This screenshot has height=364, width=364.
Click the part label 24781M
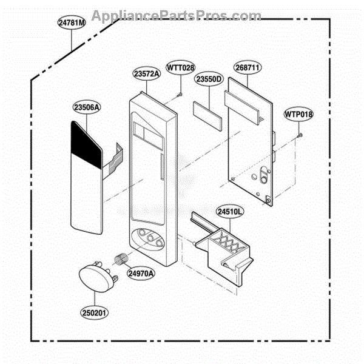[72, 22]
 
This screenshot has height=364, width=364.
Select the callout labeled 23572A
[147, 74]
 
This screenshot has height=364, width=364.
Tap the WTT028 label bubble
[181, 68]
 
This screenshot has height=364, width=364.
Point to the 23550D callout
[209, 79]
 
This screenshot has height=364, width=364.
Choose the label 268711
[248, 67]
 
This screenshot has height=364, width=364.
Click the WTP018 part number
[298, 114]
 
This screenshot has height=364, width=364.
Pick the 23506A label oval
[87, 107]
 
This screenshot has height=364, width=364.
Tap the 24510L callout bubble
[230, 212]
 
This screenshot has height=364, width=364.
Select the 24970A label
[141, 273]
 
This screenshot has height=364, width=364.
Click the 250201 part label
[94, 312]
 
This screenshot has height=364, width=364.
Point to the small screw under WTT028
[180, 94]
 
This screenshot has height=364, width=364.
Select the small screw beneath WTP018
[300, 135]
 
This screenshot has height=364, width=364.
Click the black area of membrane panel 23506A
[86, 144]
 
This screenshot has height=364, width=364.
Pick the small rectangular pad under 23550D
[207, 116]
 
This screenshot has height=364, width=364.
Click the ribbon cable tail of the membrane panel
[113, 161]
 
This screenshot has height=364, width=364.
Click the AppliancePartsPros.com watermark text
[177, 16]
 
